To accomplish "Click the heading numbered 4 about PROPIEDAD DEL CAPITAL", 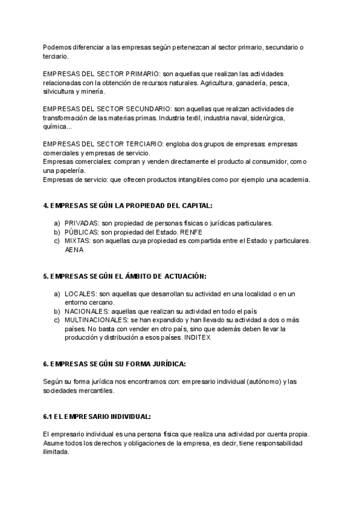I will pyautogui.click(x=128, y=205).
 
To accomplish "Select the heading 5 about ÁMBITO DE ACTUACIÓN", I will pyautogui.click(x=125, y=276).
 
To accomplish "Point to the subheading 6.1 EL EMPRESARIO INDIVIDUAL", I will pyautogui.click(x=97, y=417).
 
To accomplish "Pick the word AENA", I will pyautogui.click(x=74, y=250).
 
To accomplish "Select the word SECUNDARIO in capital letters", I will pyautogui.click(x=147, y=109).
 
